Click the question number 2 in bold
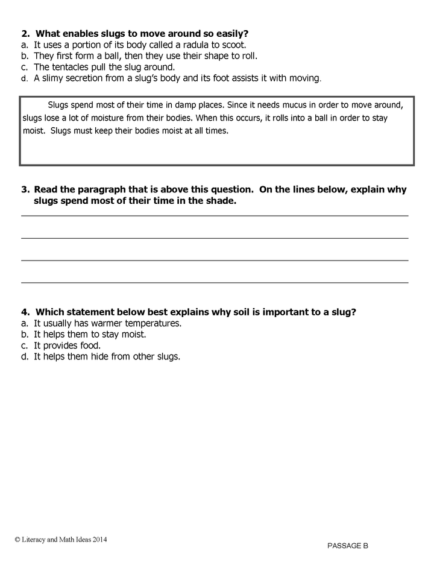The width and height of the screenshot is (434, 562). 25,33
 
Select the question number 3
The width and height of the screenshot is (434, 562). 25,189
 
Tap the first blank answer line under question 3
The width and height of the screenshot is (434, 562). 215,215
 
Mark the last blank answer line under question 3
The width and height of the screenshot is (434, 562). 215,282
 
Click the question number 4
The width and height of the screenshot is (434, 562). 25,312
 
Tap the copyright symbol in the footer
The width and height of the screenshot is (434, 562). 18,540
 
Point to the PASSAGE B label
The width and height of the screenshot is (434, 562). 348,546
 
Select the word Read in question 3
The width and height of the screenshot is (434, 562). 48,189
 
